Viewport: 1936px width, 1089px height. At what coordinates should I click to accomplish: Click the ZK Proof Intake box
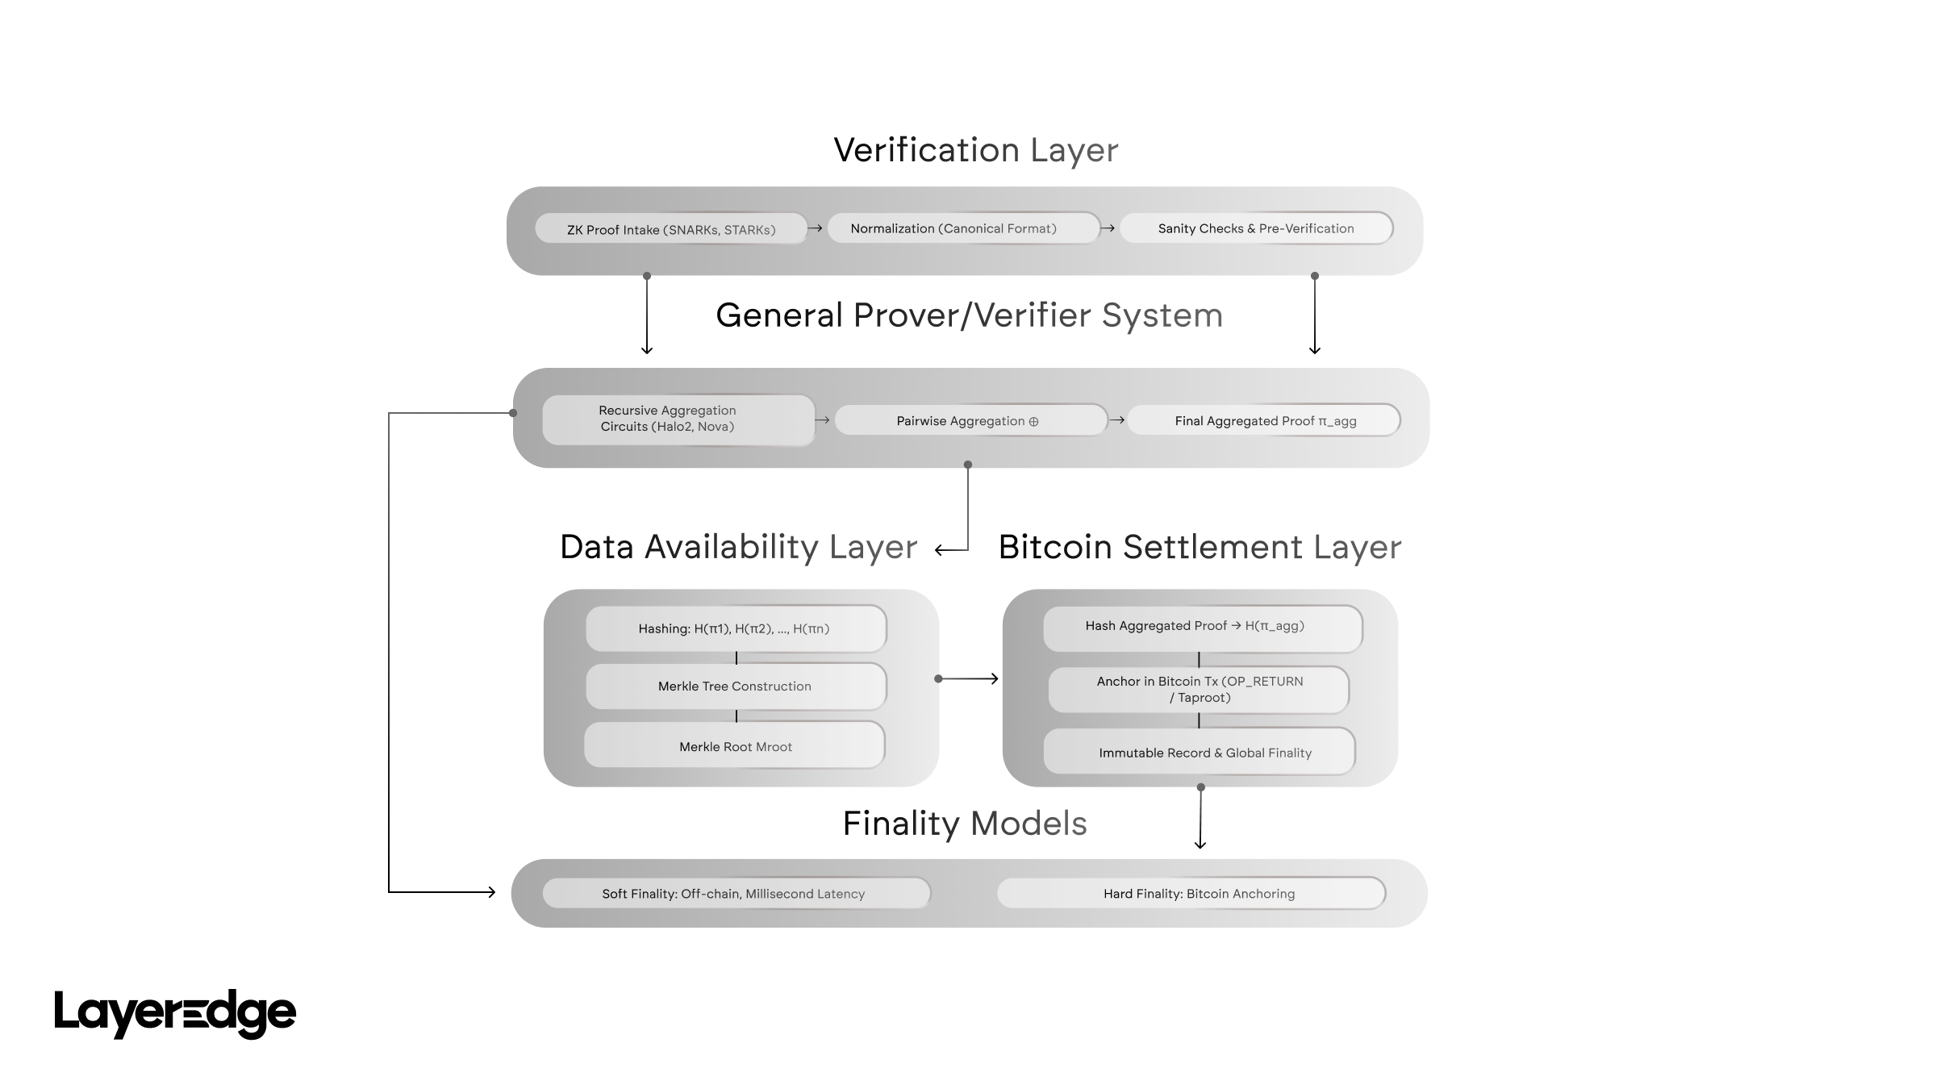coord(670,229)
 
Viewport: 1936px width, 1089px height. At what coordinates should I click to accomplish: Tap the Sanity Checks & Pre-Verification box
coord(1256,228)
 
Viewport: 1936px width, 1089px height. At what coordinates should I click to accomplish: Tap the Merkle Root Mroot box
coord(735,746)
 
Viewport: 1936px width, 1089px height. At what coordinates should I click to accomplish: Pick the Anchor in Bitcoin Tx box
coord(1199,690)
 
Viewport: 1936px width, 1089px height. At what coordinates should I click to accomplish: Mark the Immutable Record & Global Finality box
coord(1199,752)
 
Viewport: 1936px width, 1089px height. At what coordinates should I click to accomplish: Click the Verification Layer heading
coord(975,150)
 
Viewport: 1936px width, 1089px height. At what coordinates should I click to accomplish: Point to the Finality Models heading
coord(965,824)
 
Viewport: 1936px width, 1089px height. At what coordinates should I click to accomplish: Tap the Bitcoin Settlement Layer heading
coord(1200,547)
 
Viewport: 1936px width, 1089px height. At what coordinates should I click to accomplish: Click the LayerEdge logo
coord(175,1013)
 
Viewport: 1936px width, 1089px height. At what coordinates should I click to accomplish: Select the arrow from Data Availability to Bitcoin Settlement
coord(968,679)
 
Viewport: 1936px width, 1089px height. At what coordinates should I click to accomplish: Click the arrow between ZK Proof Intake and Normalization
coord(816,228)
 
